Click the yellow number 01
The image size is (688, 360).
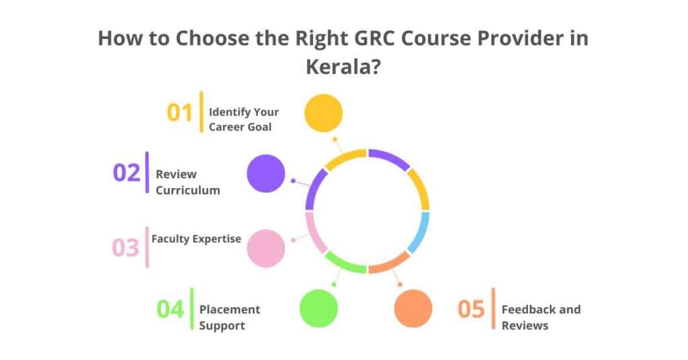[179, 112]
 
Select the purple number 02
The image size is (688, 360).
[126, 173]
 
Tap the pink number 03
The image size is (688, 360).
[125, 248]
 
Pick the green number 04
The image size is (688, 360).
[171, 309]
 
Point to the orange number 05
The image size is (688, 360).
[471, 309]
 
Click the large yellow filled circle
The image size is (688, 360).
[323, 113]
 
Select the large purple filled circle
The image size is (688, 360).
[266, 173]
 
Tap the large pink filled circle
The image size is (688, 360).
[266, 248]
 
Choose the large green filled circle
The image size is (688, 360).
[318, 308]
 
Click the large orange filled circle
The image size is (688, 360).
[413, 308]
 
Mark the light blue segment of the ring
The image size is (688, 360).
[420, 232]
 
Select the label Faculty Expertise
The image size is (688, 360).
[196, 238]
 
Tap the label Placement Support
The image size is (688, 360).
[230, 317]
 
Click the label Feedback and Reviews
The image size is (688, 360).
[541, 317]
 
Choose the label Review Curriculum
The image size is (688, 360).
[187, 182]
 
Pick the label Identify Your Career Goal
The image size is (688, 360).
[243, 119]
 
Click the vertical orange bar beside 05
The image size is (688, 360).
[494, 309]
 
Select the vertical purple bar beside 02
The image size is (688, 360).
[147, 173]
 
